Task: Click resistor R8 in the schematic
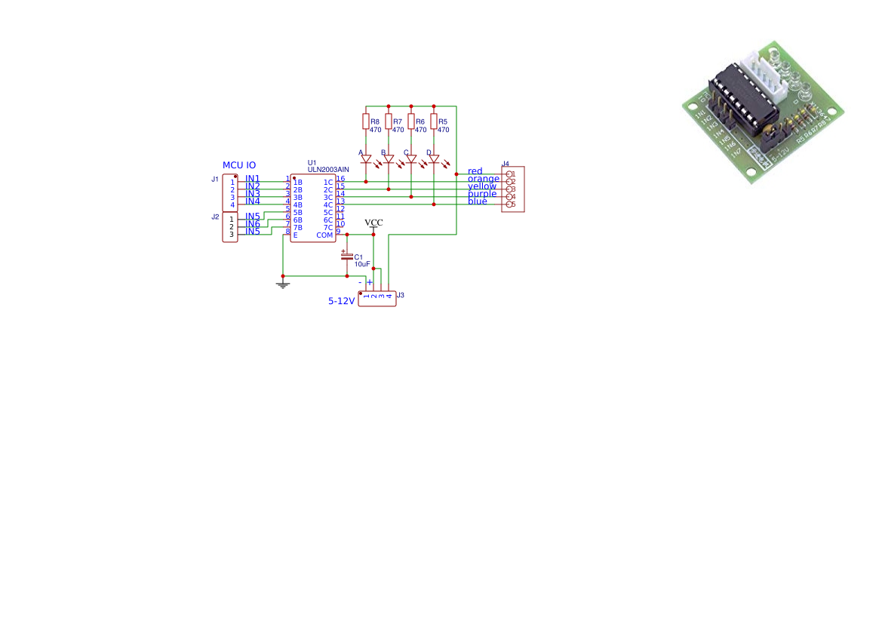366,121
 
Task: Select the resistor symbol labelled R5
434,121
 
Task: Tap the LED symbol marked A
366,159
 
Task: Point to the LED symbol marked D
434,159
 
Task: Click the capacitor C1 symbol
347,257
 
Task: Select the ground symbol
283,284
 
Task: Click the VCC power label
373,223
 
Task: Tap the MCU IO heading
238,165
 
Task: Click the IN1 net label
253,179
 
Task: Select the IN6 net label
253,224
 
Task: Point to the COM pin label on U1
324,235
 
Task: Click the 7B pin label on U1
297,228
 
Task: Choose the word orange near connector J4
483,179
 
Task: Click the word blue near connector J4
478,201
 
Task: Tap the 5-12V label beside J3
341,300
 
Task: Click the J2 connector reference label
215,217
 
